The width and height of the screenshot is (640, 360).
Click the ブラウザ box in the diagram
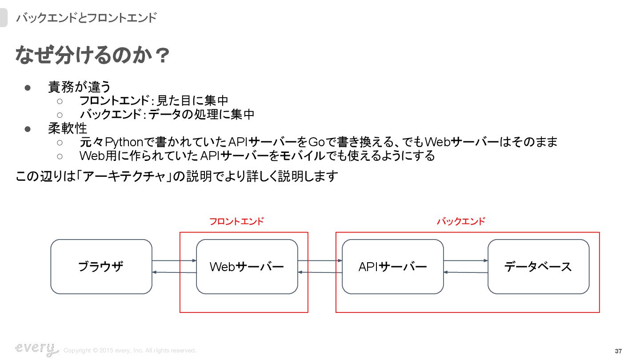tap(101, 267)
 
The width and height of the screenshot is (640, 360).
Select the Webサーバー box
tap(247, 267)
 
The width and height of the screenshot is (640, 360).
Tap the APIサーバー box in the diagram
tap(392, 267)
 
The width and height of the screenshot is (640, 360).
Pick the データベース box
tap(538, 267)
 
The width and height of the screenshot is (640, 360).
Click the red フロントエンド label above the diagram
tap(236, 221)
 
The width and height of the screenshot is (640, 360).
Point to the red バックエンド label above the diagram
tap(461, 221)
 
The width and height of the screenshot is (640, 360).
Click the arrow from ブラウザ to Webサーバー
tap(174, 260)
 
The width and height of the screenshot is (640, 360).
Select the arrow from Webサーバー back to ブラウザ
tap(174, 272)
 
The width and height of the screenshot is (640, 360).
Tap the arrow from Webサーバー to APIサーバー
tap(320, 260)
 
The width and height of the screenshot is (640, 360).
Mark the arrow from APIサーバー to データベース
tap(466, 260)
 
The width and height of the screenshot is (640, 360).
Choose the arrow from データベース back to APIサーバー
tap(466, 272)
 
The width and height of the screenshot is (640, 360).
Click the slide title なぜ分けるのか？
tap(92, 56)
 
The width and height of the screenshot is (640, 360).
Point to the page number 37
tap(618, 351)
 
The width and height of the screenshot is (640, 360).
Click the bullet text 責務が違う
tap(80, 87)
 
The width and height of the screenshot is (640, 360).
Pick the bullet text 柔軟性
tap(67, 128)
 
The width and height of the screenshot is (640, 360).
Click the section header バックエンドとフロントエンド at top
tap(86, 18)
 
